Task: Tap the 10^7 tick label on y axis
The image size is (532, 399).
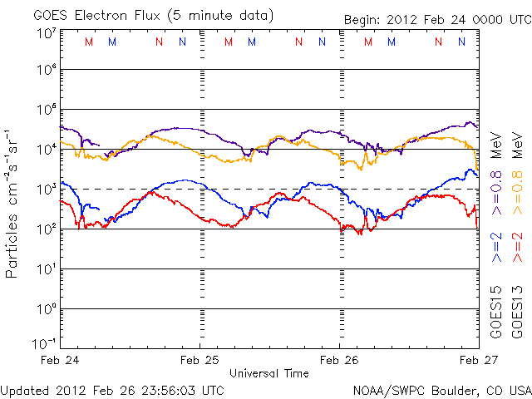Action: pyautogui.click(x=46, y=32)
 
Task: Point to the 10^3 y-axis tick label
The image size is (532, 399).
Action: pyautogui.click(x=46, y=189)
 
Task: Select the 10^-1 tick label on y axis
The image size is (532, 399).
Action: pyautogui.click(x=46, y=343)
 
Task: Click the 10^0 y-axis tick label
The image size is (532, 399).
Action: pyautogui.click(x=46, y=308)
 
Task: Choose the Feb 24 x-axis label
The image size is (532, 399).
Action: pyautogui.click(x=60, y=361)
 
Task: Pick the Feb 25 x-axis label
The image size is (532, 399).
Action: pyautogui.click(x=199, y=361)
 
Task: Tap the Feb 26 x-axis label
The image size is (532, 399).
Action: pyautogui.click(x=339, y=361)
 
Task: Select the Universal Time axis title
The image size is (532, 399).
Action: pyautogui.click(x=269, y=373)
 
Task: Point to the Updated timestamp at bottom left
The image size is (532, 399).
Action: pyautogui.click(x=112, y=389)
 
